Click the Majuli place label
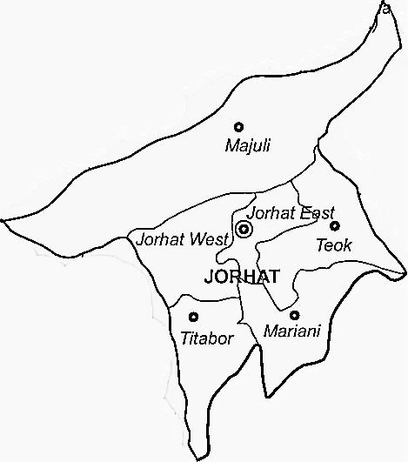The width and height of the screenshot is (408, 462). coord(248,145)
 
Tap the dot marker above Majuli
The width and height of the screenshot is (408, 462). coord(239,127)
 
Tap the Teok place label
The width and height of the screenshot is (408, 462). coord(334,245)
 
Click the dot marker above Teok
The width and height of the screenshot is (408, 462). coord(335,226)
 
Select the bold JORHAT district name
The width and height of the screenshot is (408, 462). coord(241,278)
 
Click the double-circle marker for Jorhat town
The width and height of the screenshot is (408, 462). coord(244,231)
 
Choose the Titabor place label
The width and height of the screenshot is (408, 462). coord(207,338)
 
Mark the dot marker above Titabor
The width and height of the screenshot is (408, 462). coord(193,318)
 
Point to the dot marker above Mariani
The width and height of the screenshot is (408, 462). coord(295,315)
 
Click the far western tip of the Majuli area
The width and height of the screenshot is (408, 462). coord(3,223)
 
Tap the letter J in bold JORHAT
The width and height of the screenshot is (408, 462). coord(207,278)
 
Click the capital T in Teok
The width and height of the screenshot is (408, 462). coord(320,245)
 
